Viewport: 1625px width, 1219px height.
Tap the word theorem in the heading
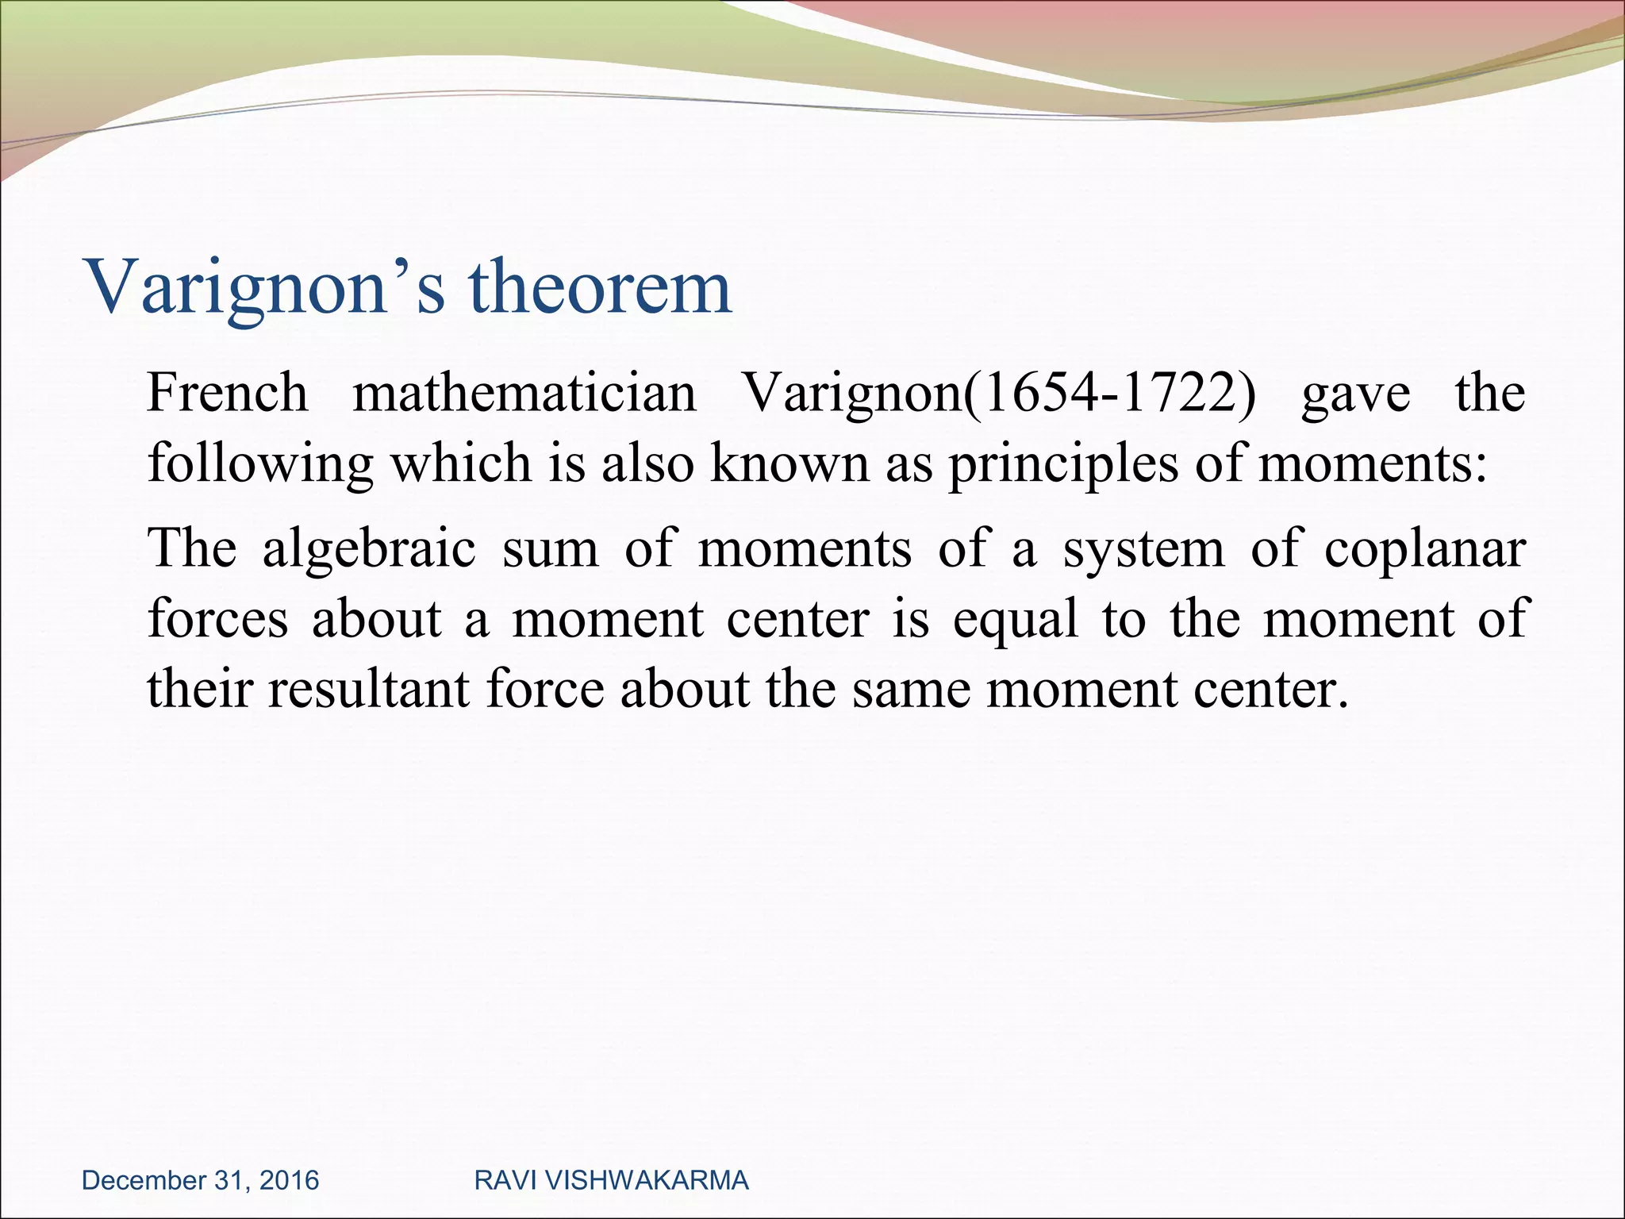(600, 287)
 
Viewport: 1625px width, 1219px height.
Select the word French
(228, 393)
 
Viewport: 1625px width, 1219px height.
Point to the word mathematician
(524, 393)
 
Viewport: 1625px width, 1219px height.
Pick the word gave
(1356, 394)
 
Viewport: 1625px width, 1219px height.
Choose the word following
(260, 463)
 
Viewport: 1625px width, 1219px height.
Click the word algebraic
(369, 549)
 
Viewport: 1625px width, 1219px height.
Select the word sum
(551, 549)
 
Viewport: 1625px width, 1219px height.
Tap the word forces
(218, 619)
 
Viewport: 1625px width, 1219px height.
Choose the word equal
(1016, 621)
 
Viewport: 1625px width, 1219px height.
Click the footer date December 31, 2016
(200, 1180)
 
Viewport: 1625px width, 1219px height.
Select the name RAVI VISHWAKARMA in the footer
(611, 1180)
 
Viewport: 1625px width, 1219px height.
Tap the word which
(461, 463)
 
